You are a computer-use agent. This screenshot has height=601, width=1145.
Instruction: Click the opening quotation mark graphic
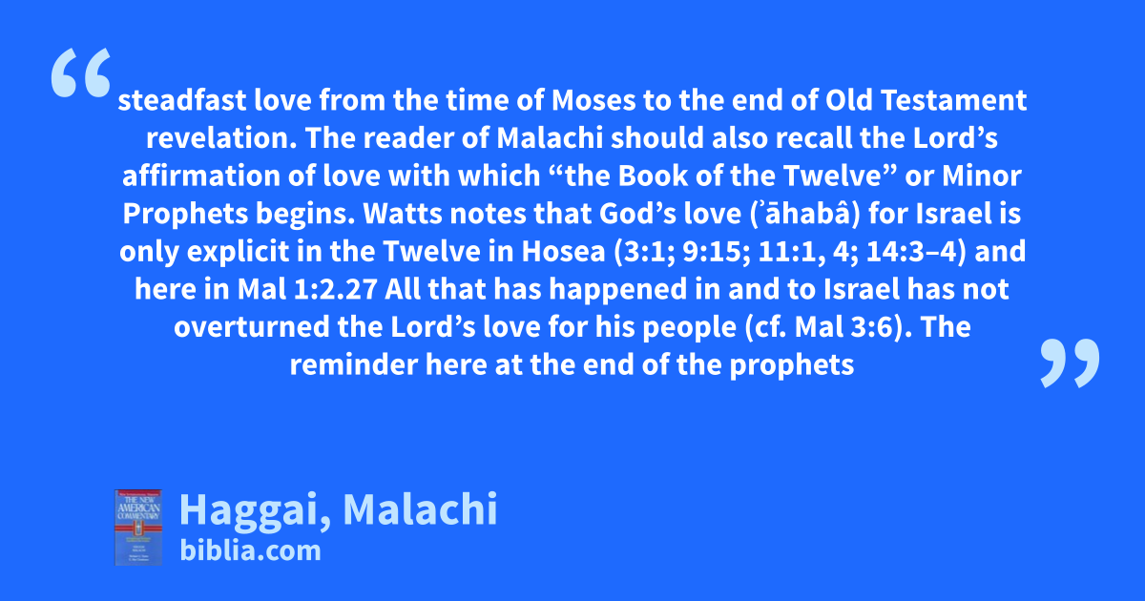(x=81, y=73)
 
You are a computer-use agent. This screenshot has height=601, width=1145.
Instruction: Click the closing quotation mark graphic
(x=1070, y=363)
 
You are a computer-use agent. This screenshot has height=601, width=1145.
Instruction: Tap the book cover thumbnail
(x=138, y=528)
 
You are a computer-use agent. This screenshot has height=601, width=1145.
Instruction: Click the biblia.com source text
(x=250, y=551)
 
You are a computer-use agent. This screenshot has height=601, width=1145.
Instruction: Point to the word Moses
(x=593, y=100)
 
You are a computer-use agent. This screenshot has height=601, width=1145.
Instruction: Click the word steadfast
(x=182, y=100)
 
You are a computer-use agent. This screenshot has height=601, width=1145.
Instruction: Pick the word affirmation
(x=201, y=176)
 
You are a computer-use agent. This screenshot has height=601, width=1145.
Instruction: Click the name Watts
(x=403, y=214)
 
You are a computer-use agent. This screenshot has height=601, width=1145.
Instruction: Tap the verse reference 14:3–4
(x=911, y=252)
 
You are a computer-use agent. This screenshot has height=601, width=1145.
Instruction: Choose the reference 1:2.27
(x=335, y=289)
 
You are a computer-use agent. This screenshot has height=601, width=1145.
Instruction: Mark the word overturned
(x=252, y=327)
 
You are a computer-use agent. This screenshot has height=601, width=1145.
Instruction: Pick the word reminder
(x=354, y=364)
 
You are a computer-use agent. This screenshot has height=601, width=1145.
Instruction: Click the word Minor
(x=982, y=176)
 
